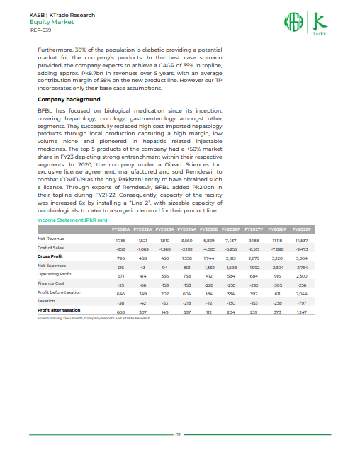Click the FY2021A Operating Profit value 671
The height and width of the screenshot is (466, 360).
point(120,255)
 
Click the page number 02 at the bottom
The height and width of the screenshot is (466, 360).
point(179,433)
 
